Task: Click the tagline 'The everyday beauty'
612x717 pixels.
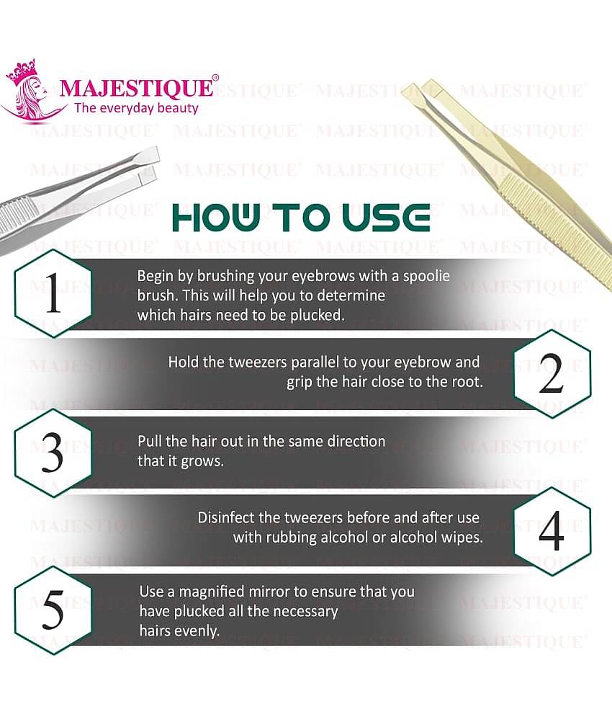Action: (136, 109)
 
